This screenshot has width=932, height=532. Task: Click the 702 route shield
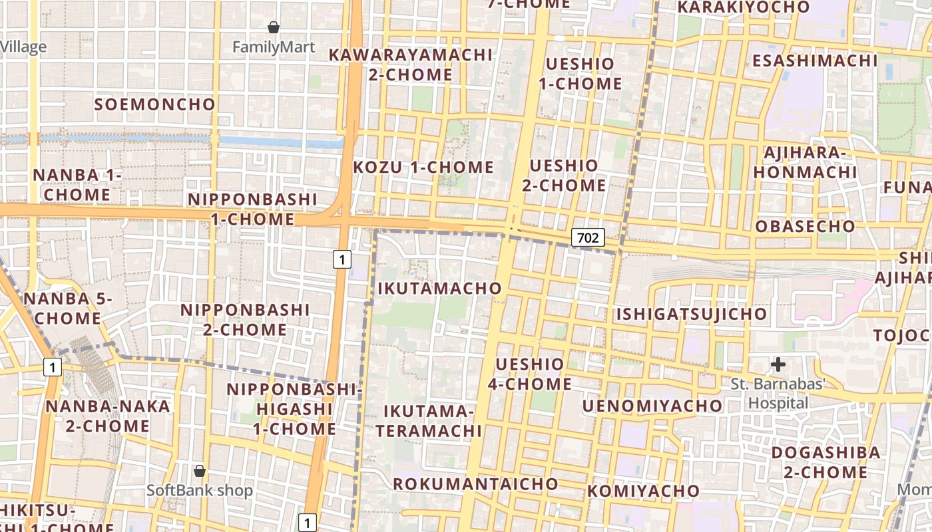point(588,237)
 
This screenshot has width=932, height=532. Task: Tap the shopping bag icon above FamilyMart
point(273,27)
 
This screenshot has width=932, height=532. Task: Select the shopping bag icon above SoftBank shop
point(199,471)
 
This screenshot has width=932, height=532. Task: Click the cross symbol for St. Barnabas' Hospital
point(778,364)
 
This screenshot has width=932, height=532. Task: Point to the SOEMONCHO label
point(155,104)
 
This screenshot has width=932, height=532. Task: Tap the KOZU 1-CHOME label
point(423,167)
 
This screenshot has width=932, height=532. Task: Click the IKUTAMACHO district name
point(439,288)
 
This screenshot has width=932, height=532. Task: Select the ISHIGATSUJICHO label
point(691,314)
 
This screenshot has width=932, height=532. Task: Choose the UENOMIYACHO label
point(652,406)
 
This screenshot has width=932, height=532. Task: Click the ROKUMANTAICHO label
point(475,483)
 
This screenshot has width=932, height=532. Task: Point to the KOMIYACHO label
point(643,491)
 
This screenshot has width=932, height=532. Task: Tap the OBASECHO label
point(805,226)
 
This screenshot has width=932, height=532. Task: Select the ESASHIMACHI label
point(815,61)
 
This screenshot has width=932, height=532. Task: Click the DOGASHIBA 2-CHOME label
point(825,463)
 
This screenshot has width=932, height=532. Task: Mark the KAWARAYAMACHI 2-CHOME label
point(411,65)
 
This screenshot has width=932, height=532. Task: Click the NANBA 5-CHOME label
point(68,309)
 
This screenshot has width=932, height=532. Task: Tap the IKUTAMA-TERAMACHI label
point(429,421)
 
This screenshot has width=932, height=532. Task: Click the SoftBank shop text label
point(200,491)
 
